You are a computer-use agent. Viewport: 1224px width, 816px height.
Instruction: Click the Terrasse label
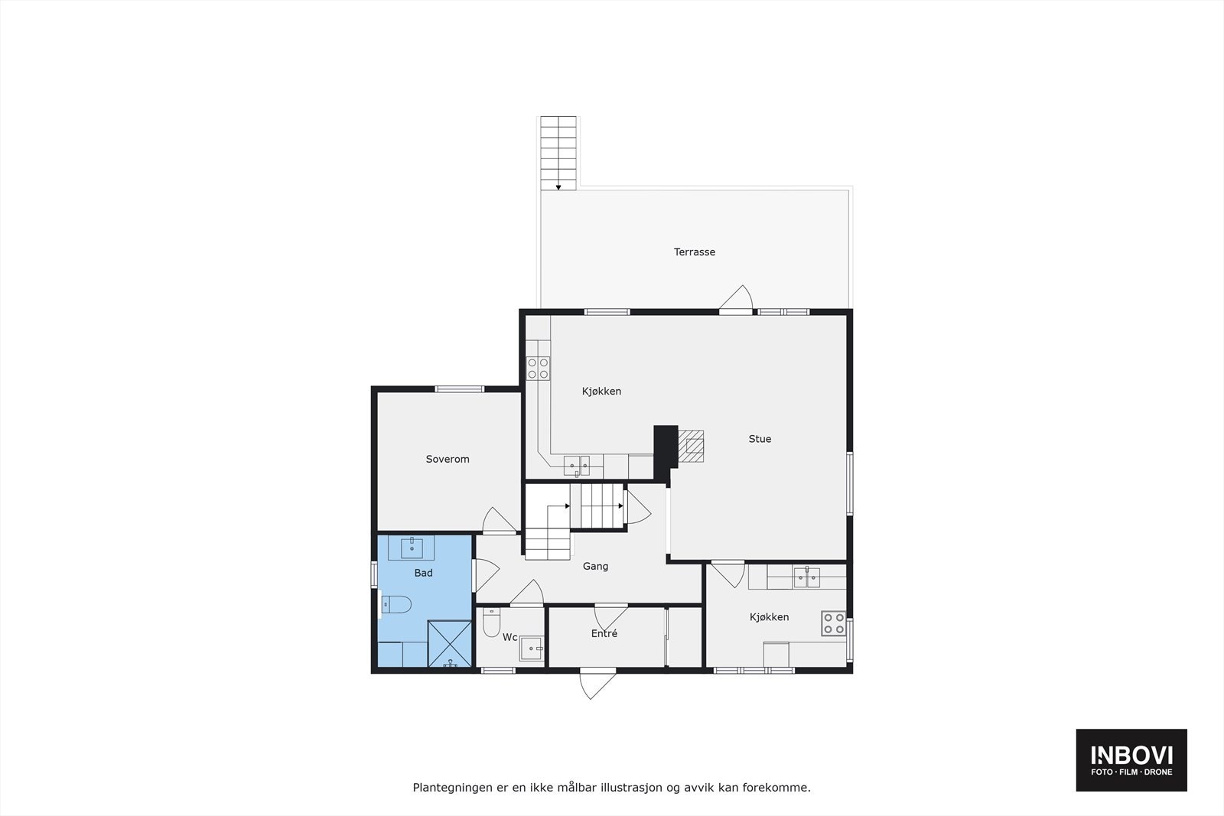(x=694, y=252)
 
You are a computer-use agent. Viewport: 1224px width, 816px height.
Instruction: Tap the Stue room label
(x=759, y=439)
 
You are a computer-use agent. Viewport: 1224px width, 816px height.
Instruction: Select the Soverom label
(x=447, y=459)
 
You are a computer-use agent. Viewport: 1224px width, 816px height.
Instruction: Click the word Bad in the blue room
(x=423, y=573)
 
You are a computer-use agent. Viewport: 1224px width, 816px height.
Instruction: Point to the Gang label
(x=595, y=566)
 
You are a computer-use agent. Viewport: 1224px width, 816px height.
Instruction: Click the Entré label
(x=604, y=633)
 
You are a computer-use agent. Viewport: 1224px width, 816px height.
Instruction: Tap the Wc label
(x=509, y=637)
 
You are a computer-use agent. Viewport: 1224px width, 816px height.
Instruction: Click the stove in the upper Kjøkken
(x=538, y=369)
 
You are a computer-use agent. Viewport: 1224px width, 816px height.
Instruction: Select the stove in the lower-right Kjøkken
(x=833, y=624)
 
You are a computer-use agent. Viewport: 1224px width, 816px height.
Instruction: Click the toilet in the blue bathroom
(x=396, y=605)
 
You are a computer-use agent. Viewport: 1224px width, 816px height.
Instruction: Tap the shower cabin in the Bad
(x=449, y=644)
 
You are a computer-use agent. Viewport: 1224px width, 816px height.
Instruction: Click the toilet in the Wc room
(x=491, y=623)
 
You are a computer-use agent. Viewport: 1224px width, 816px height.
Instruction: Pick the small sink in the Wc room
(x=530, y=649)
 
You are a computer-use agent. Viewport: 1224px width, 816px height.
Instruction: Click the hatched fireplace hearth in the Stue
(x=692, y=446)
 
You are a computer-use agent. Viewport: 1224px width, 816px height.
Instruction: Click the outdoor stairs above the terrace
(x=558, y=152)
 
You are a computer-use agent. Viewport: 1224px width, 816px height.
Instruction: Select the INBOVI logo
(x=1131, y=759)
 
